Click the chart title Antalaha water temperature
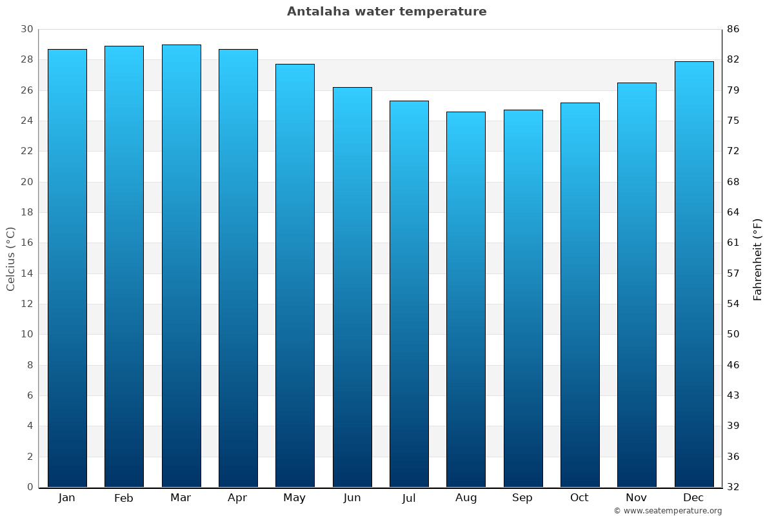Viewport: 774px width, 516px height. (x=386, y=12)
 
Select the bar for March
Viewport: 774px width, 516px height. (x=181, y=266)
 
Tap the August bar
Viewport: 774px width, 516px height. (x=466, y=299)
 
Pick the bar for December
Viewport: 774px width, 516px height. (x=694, y=274)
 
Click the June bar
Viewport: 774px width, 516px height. (x=352, y=287)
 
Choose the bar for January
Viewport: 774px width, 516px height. (x=67, y=268)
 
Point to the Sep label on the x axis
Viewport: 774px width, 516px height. (x=522, y=498)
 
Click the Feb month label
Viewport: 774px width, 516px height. (x=124, y=498)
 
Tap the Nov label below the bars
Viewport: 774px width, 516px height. (x=637, y=498)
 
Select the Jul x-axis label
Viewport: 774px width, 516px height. (x=409, y=498)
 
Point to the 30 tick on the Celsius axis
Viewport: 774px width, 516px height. (x=26, y=29)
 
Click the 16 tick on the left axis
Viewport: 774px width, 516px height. (x=26, y=243)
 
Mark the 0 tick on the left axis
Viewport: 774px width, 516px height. (x=30, y=487)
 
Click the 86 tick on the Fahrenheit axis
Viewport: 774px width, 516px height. (x=733, y=29)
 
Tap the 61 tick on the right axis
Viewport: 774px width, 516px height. (x=733, y=243)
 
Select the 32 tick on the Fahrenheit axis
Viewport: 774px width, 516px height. (x=733, y=487)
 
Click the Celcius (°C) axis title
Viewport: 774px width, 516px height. (x=10, y=259)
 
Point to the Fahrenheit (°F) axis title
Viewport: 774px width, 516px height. (x=758, y=259)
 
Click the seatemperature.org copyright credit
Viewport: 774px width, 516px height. (x=667, y=511)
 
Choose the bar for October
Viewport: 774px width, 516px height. (x=580, y=295)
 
